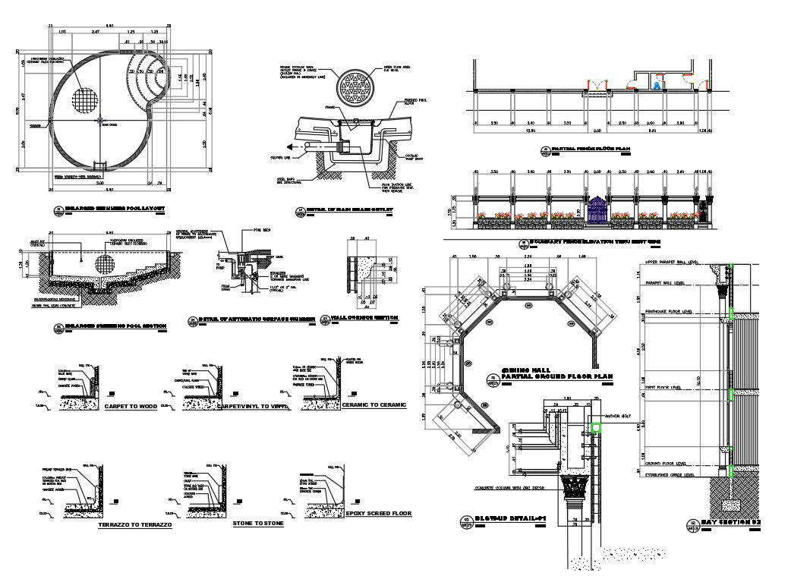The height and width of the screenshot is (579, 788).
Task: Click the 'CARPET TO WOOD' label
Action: pyautogui.click(x=131, y=406)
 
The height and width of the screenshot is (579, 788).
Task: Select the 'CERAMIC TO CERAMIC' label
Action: pyautogui.click(x=374, y=404)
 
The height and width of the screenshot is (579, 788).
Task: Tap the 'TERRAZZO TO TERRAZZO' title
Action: pyautogui.click(x=136, y=525)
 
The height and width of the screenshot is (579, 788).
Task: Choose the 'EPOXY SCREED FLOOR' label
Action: pyautogui.click(x=378, y=514)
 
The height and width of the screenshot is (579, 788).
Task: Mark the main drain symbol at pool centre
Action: pyautogui.click(x=99, y=120)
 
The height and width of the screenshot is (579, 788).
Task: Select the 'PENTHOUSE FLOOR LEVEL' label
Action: pyautogui.click(x=667, y=311)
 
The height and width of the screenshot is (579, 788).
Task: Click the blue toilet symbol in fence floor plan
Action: pyautogui.click(x=657, y=85)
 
